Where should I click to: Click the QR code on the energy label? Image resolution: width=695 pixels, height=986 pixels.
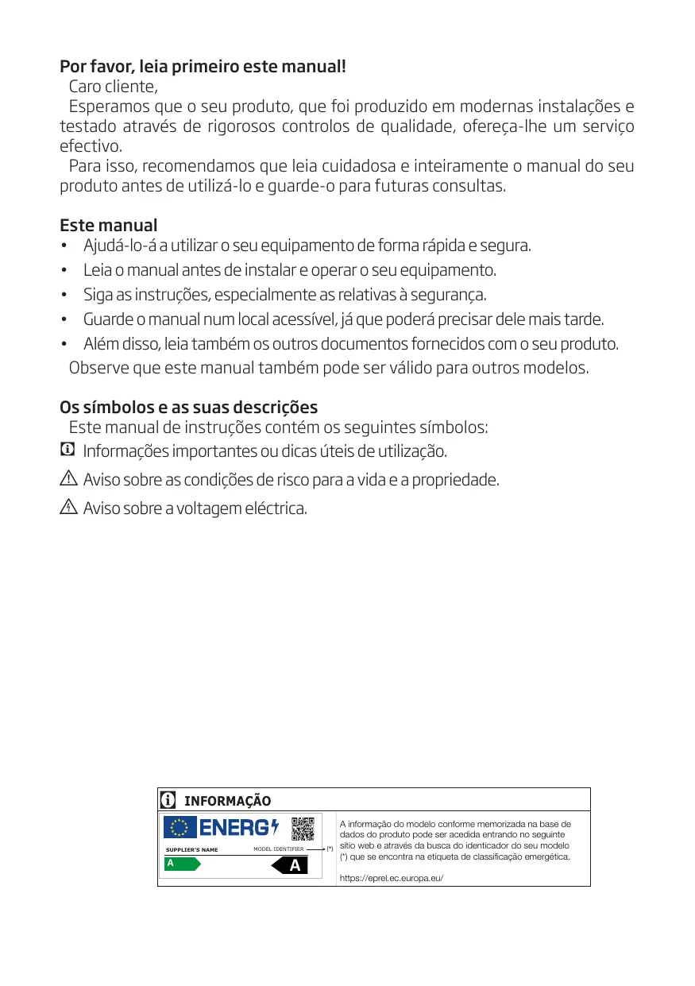(x=303, y=829)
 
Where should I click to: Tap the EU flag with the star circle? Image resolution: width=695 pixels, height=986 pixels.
(x=180, y=829)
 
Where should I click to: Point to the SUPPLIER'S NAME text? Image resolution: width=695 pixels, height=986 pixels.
(x=191, y=850)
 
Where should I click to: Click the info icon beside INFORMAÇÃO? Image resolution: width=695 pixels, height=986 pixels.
(x=168, y=799)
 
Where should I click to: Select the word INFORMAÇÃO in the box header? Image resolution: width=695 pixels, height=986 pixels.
(x=227, y=801)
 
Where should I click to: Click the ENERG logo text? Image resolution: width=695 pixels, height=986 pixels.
(x=237, y=828)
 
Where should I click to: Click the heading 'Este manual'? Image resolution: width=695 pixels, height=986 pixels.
(x=109, y=226)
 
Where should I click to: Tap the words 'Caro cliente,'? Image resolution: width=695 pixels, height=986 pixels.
(x=114, y=87)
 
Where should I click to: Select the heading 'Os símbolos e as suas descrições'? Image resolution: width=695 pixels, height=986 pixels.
(x=189, y=408)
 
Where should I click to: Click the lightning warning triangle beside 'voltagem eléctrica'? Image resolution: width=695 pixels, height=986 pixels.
(x=68, y=507)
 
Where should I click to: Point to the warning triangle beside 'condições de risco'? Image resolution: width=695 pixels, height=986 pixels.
(x=68, y=479)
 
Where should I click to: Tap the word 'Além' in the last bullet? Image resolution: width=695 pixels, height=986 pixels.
(x=100, y=345)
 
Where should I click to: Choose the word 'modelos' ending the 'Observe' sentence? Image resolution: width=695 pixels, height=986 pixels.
(x=560, y=369)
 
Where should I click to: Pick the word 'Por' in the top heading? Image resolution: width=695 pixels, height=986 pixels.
(x=73, y=65)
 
